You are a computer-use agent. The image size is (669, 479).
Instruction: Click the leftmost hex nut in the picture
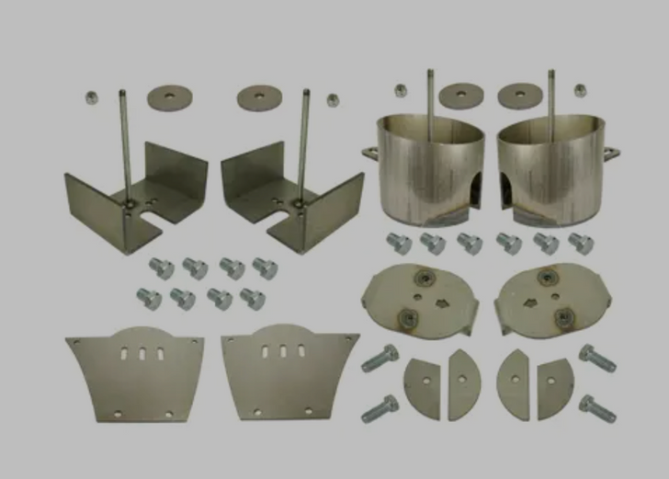tap(92, 97)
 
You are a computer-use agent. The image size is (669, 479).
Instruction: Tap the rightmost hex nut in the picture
tap(581, 90)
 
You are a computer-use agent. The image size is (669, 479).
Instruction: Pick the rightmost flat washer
tap(521, 95)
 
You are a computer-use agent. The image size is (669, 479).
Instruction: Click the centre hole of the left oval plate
tap(418, 297)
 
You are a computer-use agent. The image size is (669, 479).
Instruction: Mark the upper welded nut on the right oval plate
tap(548, 276)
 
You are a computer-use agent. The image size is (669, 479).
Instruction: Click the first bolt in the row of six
tap(400, 244)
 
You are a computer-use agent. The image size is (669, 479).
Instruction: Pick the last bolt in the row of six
tap(581, 244)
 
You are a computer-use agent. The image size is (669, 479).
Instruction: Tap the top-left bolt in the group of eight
tap(161, 268)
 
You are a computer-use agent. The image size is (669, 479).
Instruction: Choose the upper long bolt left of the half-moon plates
tap(379, 358)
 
